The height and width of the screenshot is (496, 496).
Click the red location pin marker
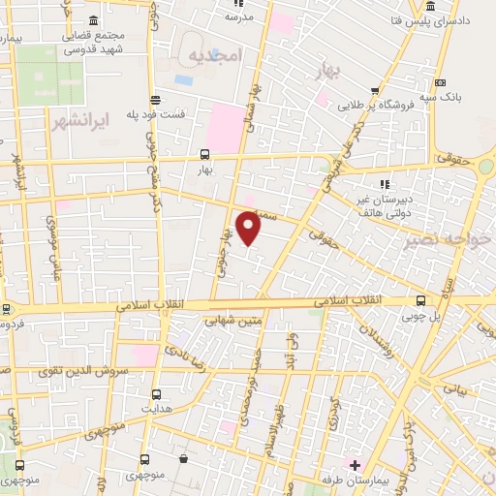(x=249, y=228)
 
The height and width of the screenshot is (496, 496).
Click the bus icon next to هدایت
(x=156, y=394)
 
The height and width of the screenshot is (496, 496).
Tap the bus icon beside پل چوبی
(x=420, y=301)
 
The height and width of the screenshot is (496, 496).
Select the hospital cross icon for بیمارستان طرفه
(x=356, y=466)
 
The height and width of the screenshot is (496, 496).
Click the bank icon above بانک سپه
(x=442, y=82)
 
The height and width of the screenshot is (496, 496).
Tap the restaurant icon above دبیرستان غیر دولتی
(x=385, y=184)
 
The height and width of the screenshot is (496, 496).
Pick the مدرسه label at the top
(x=238, y=17)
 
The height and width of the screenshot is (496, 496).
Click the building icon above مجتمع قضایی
(x=93, y=21)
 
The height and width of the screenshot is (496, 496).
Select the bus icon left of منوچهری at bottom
(x=144, y=459)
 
